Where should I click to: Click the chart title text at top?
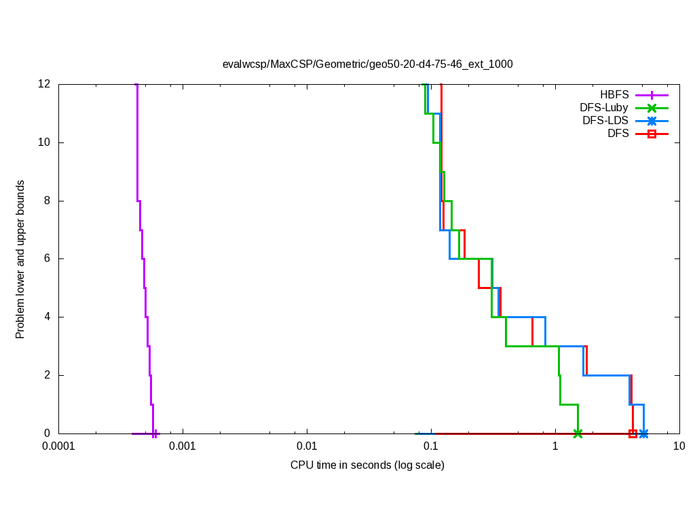coord(367,64)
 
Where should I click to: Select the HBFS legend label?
coord(614,95)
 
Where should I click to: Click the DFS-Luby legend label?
coord(603,108)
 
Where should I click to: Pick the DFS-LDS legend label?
coord(605,121)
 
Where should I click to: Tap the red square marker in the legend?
coord(652,134)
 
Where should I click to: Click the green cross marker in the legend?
coord(652,108)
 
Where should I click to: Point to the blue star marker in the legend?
coord(652,121)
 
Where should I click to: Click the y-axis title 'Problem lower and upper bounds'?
coord(20,259)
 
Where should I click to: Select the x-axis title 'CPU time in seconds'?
coord(367,465)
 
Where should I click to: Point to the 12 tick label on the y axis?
coord(44,84)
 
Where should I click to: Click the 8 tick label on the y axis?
coord(47,201)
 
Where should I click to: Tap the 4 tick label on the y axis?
coord(47,317)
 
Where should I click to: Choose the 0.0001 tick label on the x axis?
coord(58,446)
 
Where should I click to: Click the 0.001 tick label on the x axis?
coord(183,446)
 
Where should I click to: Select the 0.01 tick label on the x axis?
coord(307,446)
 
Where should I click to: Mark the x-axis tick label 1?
coord(555,446)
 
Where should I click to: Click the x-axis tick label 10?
coord(679,446)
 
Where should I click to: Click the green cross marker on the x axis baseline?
coord(578,433)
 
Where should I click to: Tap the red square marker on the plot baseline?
coord(633,433)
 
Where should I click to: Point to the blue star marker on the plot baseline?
coord(643,433)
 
